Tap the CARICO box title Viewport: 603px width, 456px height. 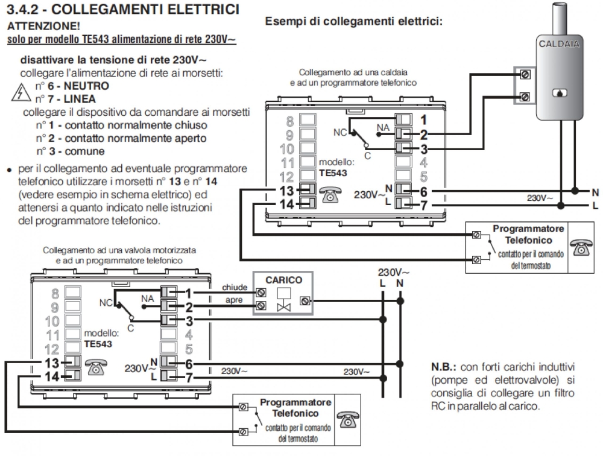(283, 280)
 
